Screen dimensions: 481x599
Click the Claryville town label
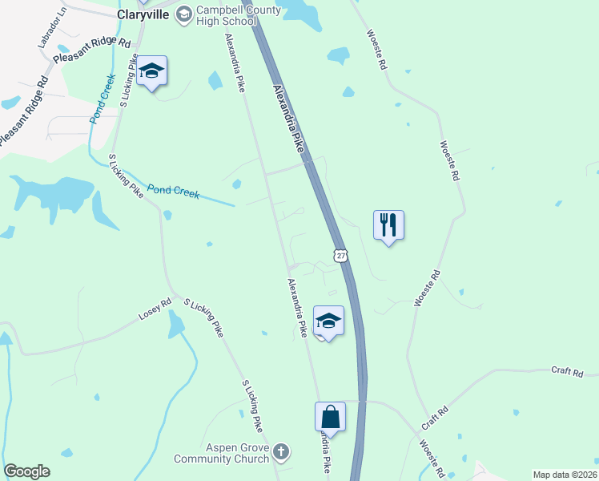[142, 14]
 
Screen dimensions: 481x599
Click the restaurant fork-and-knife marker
[388, 225]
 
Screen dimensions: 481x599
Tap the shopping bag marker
[330, 417]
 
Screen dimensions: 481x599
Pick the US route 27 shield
[340, 254]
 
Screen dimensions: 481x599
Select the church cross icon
[280, 452]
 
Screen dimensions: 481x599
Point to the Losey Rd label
[155, 309]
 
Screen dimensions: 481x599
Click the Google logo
[26, 471]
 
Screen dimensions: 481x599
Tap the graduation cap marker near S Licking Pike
[151, 71]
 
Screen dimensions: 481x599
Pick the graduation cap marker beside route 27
[328, 321]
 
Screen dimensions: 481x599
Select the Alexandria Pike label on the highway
[288, 119]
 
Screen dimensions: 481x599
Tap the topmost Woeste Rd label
[376, 49]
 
